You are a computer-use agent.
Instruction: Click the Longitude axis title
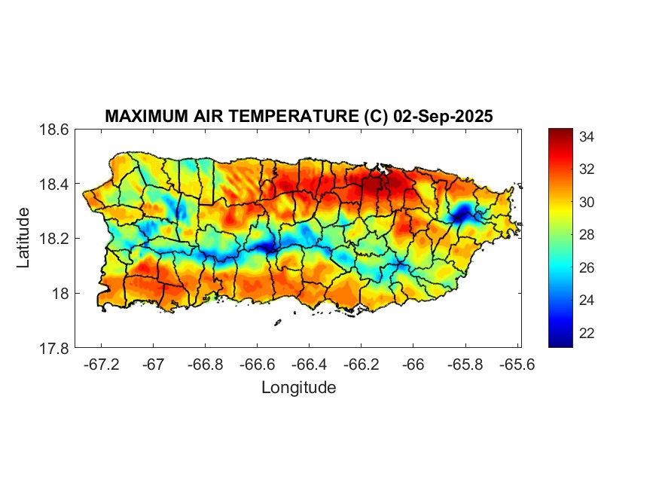(298, 388)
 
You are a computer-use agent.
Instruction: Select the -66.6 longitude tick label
(257, 365)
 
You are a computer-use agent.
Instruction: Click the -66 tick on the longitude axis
(413, 365)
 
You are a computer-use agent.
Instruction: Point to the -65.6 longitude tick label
(517, 365)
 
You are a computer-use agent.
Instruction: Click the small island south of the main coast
(277, 322)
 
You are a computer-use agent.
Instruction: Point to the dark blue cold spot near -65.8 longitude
(461, 212)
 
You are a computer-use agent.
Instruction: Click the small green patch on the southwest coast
(212, 297)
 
